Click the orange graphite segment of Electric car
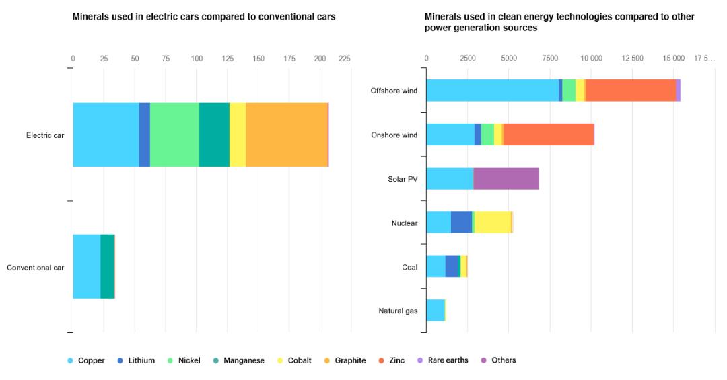(x=287, y=135)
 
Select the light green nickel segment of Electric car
(x=174, y=135)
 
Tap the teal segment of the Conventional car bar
(x=107, y=266)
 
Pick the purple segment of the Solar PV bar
(x=506, y=178)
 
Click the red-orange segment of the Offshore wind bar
(x=631, y=90)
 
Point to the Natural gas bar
(x=436, y=310)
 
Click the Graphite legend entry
(x=345, y=360)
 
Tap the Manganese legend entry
(x=243, y=360)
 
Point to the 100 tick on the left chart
(x=197, y=59)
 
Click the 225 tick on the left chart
(x=345, y=59)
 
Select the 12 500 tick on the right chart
(x=633, y=59)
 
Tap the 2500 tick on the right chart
(x=468, y=59)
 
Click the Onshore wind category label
(x=394, y=135)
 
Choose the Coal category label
(x=409, y=267)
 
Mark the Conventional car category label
(x=36, y=267)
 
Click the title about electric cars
(x=204, y=16)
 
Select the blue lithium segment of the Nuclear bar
(x=461, y=222)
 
